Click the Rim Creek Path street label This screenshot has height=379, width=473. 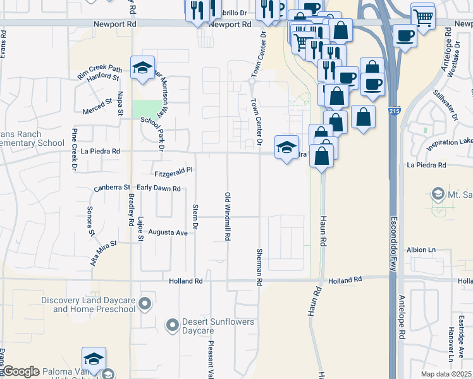(x=99, y=71)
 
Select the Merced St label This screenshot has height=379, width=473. (x=97, y=101)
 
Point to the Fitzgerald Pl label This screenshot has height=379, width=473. (x=173, y=171)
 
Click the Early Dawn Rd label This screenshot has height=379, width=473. (x=159, y=188)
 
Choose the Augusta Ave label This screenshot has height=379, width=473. (x=168, y=232)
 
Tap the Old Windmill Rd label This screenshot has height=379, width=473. (x=227, y=216)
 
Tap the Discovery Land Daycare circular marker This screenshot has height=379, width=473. (x=145, y=304)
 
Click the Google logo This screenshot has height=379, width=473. (x=21, y=371)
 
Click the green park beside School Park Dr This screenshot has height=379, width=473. (x=147, y=108)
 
